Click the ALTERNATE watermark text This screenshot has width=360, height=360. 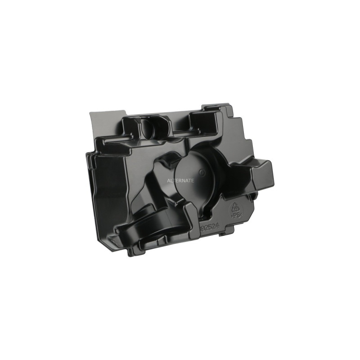pyautogui.click(x=180, y=180)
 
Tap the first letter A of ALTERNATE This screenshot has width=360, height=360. pyautogui.click(x=168, y=180)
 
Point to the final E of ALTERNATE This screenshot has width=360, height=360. pyautogui.click(x=193, y=180)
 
